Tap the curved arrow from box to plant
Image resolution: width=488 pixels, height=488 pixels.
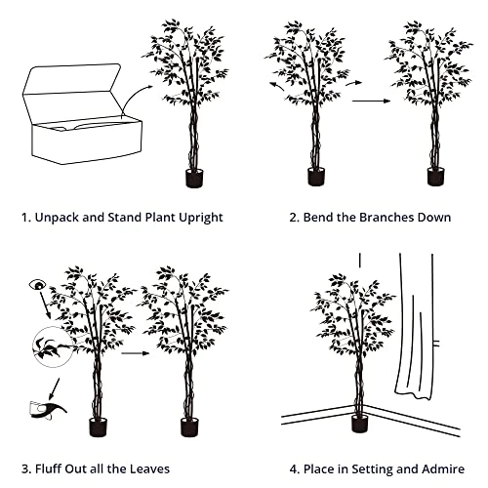click(x=133, y=95)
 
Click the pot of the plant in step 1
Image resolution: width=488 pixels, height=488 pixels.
click(x=194, y=178)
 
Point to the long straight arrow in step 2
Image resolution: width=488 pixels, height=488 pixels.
click(x=371, y=101)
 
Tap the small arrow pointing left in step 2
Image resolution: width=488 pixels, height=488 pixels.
click(x=276, y=86)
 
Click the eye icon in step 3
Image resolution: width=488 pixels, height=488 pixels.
click(x=37, y=285)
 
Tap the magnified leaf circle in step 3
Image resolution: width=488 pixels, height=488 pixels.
click(x=53, y=347)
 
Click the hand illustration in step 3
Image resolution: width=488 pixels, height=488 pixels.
click(x=48, y=410)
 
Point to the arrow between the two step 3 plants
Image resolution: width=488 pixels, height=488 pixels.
click(x=136, y=353)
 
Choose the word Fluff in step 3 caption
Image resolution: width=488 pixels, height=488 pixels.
click(x=48, y=469)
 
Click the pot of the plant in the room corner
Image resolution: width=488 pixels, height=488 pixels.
click(x=360, y=424)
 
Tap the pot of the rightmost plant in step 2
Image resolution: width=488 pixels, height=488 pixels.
click(x=435, y=177)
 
